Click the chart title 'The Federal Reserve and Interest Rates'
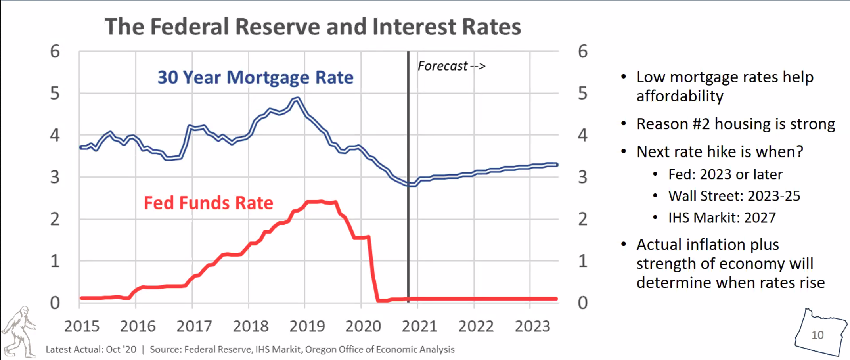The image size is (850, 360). pyautogui.click(x=312, y=27)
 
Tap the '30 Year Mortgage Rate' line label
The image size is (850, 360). pyautogui.click(x=255, y=77)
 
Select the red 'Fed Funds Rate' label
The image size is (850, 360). pyautogui.click(x=209, y=203)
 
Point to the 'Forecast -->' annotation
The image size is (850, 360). pyautogui.click(x=451, y=66)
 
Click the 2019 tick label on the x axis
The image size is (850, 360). pyautogui.click(x=307, y=326)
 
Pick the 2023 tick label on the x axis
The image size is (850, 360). pyautogui.click(x=532, y=326)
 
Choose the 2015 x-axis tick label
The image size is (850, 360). pyautogui.click(x=82, y=326)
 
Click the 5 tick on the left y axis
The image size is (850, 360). pyautogui.click(x=55, y=94)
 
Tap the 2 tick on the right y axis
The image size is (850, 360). pyautogui.click(x=582, y=219)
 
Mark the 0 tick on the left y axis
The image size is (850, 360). pyautogui.click(x=55, y=303)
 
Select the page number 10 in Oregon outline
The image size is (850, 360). pyautogui.click(x=817, y=335)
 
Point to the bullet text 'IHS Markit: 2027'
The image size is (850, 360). pyautogui.click(x=722, y=218)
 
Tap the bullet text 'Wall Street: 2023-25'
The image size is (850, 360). pyautogui.click(x=734, y=196)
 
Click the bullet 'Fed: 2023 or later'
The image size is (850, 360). pyautogui.click(x=725, y=174)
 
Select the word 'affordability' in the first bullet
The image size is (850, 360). pyautogui.click(x=680, y=96)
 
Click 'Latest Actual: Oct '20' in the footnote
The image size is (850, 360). pyautogui.click(x=91, y=349)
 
